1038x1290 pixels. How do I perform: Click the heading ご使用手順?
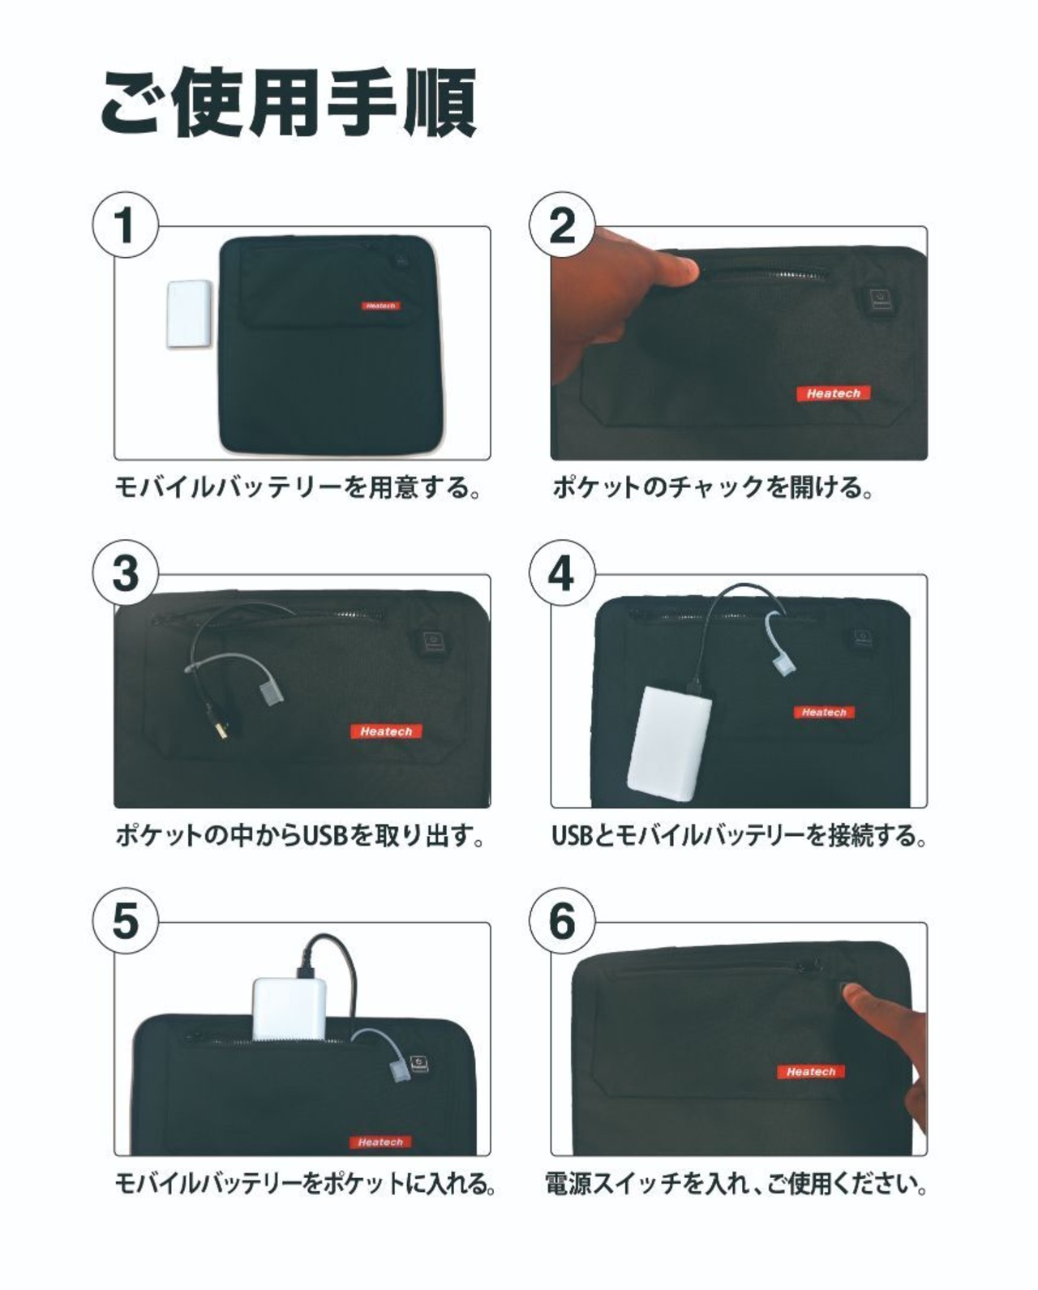[x=289, y=102]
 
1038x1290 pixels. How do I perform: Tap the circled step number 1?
[x=126, y=225]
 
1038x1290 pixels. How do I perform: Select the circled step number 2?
[x=562, y=225]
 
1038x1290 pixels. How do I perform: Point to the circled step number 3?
[x=126, y=573]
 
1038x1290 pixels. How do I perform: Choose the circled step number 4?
[x=562, y=573]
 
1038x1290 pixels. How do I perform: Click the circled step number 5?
[x=126, y=921]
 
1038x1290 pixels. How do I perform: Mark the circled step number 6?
[x=562, y=921]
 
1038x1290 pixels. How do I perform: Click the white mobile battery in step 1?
[x=189, y=314]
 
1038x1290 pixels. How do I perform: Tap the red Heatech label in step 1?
[x=381, y=306]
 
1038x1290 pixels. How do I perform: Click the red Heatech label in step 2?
[x=834, y=393]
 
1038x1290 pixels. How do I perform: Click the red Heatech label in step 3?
[x=387, y=731]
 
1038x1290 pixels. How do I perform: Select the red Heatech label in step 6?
[x=811, y=1072]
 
